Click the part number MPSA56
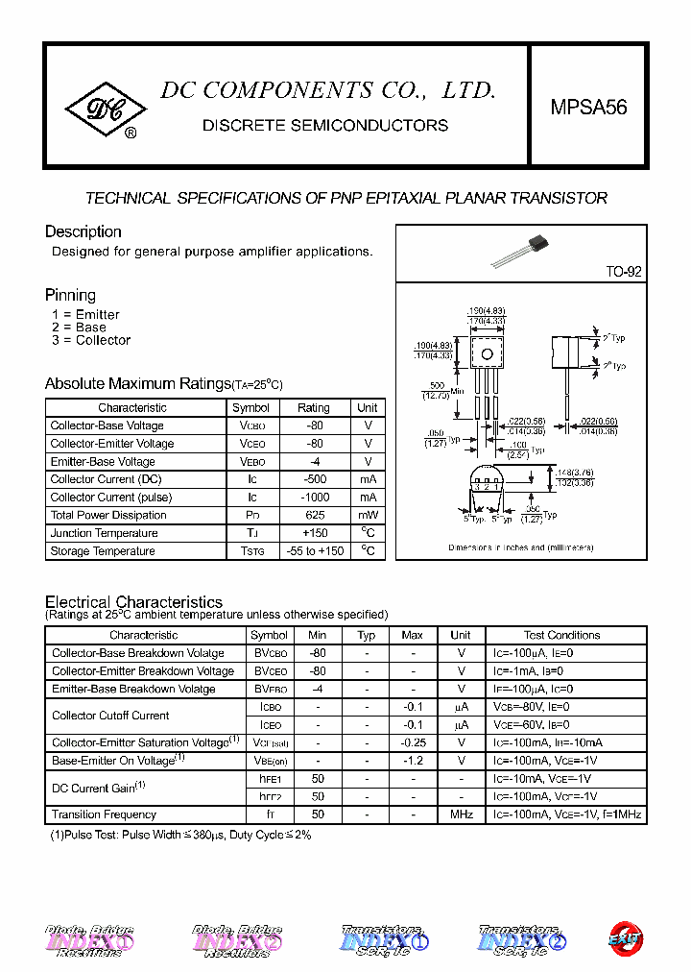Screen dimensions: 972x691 588,109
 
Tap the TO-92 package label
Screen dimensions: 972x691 622,272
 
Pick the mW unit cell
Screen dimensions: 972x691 368,515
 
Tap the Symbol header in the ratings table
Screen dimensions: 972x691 250,407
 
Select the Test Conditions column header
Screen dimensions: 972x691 562,635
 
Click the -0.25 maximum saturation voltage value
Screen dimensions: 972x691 413,742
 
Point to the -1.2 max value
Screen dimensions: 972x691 413,761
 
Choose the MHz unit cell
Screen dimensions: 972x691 461,814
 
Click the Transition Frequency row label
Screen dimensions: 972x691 104,814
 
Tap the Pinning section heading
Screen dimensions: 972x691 70,295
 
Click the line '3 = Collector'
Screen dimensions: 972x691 91,340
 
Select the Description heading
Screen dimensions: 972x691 83,231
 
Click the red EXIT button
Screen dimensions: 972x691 626,938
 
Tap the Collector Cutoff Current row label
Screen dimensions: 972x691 110,716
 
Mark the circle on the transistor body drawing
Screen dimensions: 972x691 487,354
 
